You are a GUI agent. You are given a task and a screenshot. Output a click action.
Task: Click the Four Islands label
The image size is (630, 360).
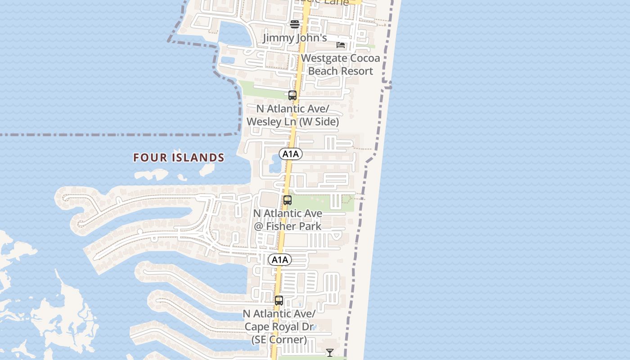(x=179, y=157)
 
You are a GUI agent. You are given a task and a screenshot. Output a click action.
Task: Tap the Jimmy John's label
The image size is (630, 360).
(x=295, y=38)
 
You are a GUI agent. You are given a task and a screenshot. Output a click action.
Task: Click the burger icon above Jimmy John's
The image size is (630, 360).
(x=295, y=24)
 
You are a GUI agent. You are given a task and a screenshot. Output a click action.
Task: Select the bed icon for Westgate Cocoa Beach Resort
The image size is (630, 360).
(x=341, y=45)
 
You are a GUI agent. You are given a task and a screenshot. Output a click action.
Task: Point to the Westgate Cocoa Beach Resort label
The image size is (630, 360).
(x=340, y=64)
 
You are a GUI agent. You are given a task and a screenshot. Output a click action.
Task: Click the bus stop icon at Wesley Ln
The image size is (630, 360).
(x=292, y=95)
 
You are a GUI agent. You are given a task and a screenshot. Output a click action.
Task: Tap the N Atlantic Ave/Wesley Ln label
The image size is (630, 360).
(x=292, y=115)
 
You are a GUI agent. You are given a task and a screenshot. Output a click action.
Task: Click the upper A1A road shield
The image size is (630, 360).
(x=291, y=154)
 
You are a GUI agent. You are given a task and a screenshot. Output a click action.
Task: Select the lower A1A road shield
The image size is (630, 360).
(x=280, y=260)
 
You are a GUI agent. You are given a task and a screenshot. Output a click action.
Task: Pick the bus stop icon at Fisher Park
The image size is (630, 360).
(x=288, y=200)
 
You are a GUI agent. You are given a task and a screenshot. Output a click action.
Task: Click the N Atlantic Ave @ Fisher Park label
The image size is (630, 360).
(x=288, y=220)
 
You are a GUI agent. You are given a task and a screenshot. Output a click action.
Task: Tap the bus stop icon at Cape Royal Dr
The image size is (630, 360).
(x=279, y=301)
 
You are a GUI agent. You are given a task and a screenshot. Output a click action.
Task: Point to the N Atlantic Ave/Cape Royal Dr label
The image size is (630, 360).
(x=279, y=326)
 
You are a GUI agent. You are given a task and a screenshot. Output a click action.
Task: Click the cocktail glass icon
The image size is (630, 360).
(x=330, y=352)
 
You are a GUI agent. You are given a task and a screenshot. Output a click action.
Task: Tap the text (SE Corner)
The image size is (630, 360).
(x=279, y=339)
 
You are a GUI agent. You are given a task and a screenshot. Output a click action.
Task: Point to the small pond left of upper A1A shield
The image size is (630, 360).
(x=274, y=168)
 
